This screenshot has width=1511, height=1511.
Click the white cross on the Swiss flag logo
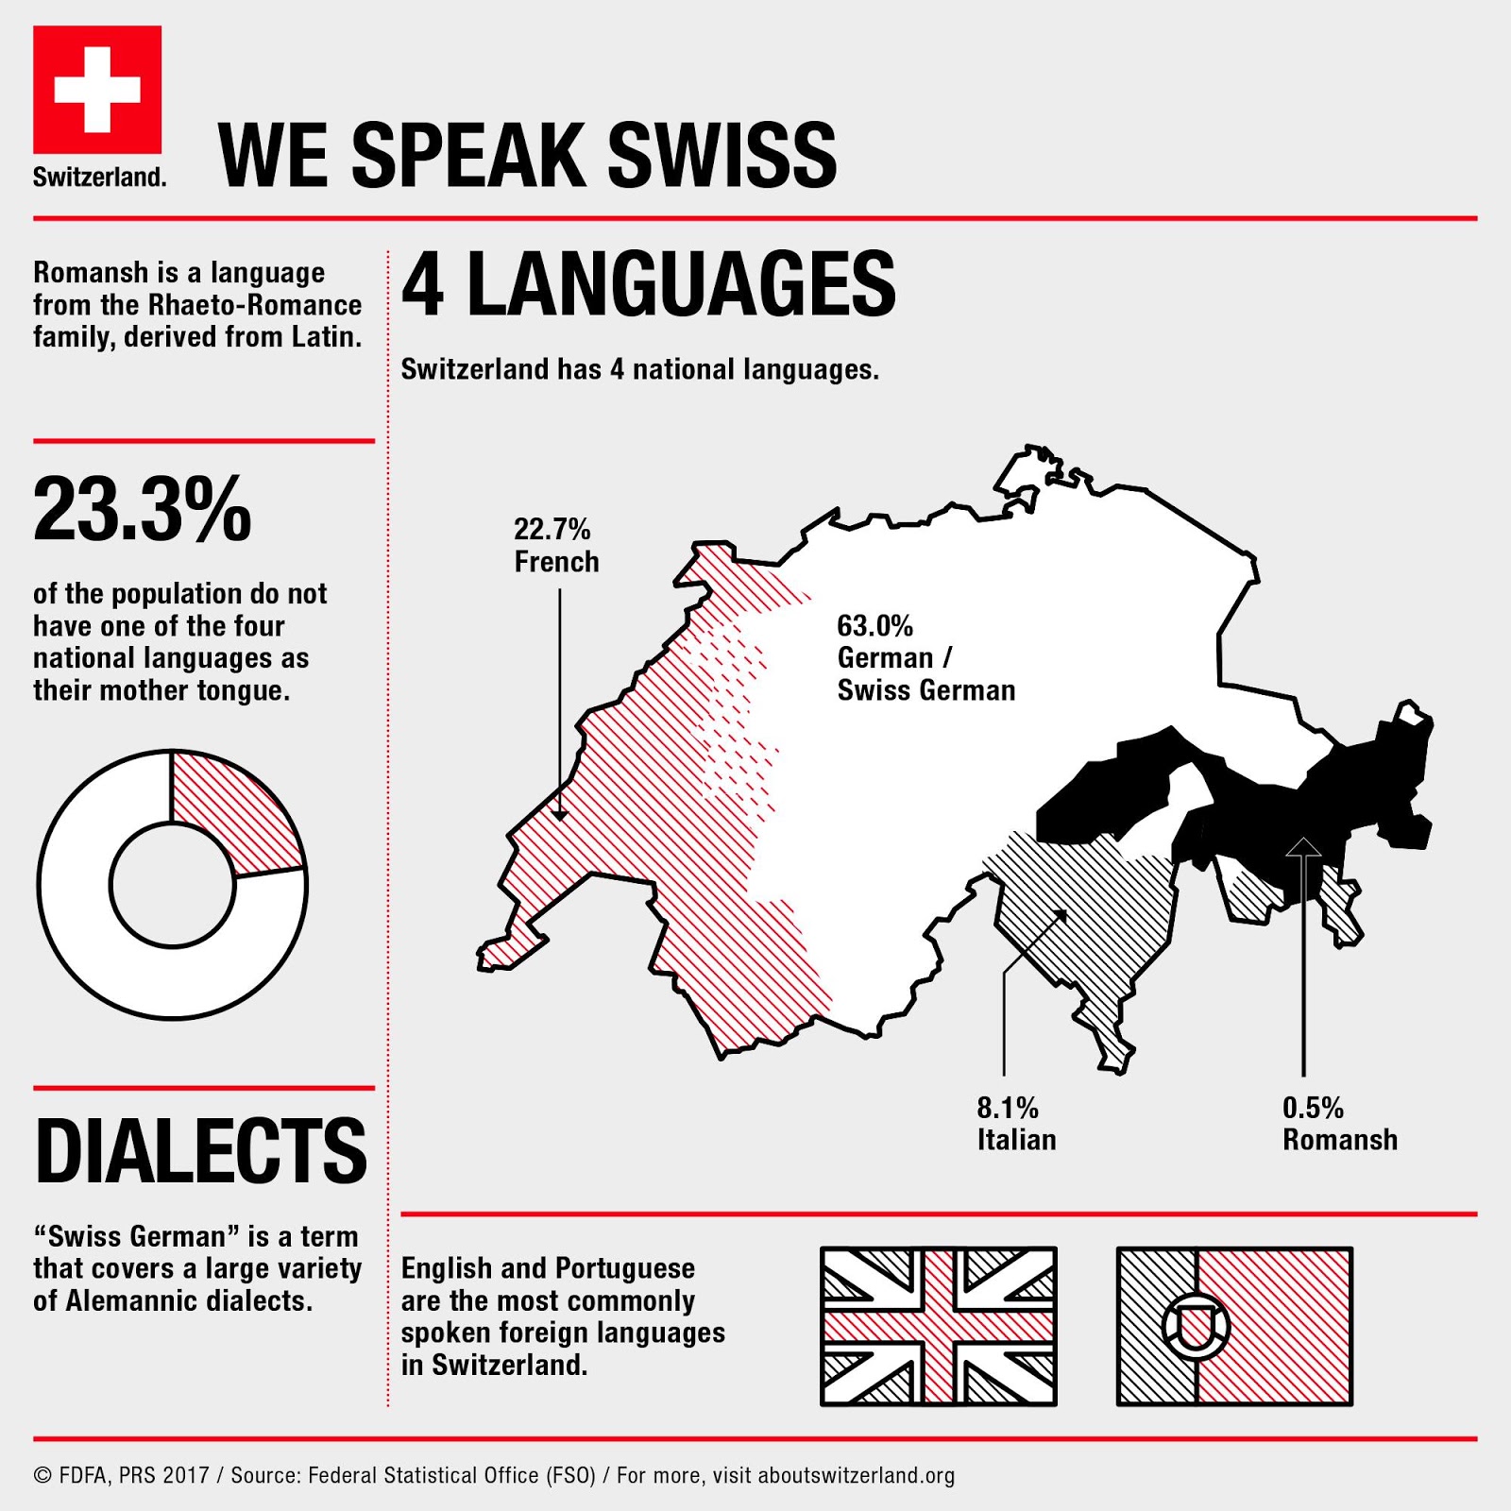(97, 90)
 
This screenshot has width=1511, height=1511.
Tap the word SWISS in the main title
(722, 156)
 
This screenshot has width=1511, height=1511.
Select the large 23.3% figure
(143, 511)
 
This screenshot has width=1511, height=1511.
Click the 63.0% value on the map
(874, 626)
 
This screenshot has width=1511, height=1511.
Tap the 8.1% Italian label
(1015, 1124)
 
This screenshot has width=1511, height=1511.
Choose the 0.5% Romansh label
(1338, 1124)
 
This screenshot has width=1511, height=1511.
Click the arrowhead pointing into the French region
(559, 813)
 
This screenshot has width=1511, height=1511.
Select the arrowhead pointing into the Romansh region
(1303, 846)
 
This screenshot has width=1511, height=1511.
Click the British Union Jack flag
(938, 1326)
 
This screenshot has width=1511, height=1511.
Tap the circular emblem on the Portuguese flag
(1196, 1326)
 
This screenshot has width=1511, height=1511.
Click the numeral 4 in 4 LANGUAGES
(423, 284)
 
